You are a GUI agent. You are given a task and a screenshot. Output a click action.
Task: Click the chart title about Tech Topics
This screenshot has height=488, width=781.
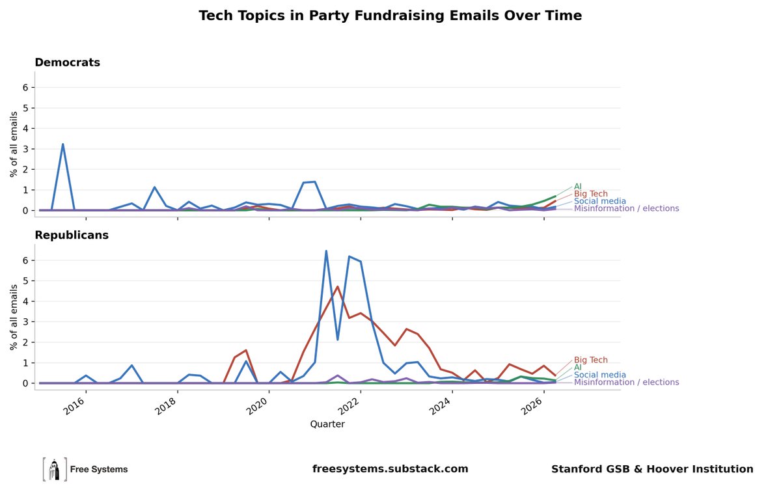click(390, 16)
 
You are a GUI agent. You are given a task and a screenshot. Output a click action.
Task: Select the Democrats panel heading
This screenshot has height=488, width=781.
click(67, 62)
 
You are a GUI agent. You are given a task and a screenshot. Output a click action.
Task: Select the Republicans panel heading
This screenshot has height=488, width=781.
click(72, 235)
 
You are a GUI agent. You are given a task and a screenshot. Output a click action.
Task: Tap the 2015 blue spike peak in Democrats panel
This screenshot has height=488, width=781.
click(62, 144)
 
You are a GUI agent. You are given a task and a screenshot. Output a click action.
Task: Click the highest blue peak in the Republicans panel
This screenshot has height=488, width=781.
click(326, 251)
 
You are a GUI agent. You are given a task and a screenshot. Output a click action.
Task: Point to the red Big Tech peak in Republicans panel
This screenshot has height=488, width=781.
click(338, 286)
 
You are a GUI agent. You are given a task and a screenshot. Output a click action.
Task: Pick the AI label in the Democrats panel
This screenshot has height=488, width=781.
click(578, 187)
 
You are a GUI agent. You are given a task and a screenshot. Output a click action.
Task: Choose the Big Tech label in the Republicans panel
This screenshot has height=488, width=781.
click(591, 360)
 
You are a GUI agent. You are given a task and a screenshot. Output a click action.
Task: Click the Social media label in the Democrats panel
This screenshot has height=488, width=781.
click(599, 201)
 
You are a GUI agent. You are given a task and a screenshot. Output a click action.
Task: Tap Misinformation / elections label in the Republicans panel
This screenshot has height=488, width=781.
click(627, 382)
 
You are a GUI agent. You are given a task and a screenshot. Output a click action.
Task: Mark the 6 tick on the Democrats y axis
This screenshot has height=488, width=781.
click(25, 87)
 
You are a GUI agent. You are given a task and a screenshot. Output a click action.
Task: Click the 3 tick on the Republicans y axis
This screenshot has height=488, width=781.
click(25, 322)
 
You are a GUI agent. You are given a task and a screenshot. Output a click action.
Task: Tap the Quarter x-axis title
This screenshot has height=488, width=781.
click(327, 424)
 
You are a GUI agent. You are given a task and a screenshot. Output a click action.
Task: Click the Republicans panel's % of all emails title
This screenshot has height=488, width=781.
click(14, 318)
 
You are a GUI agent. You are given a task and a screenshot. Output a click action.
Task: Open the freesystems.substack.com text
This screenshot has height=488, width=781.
click(390, 469)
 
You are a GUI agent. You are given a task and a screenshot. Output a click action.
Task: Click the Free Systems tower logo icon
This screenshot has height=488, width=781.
click(55, 469)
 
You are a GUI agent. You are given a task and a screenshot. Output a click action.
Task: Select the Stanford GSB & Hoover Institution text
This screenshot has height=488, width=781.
click(652, 469)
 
